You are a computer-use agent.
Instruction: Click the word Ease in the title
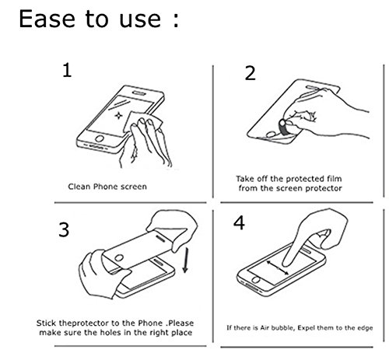(x=47, y=19)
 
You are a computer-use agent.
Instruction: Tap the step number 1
(x=67, y=70)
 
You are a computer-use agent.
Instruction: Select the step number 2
(x=251, y=73)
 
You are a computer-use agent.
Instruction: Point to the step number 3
(x=64, y=229)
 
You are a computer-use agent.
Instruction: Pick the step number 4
(x=239, y=223)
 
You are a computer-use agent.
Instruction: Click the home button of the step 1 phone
(x=100, y=138)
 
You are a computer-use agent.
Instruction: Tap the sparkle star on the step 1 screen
(x=118, y=115)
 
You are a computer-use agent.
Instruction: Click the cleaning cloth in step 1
(x=142, y=121)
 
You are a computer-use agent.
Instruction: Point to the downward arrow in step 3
(x=185, y=260)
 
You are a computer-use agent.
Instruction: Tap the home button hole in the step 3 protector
(x=119, y=258)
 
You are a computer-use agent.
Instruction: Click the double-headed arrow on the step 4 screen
(x=278, y=268)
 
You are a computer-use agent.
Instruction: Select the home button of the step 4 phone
(x=256, y=280)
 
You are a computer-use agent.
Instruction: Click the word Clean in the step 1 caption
(x=79, y=187)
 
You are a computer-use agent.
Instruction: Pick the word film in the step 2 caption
(x=334, y=179)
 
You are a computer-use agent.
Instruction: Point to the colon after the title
(x=176, y=19)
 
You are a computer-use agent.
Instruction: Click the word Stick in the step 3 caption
(x=47, y=323)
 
